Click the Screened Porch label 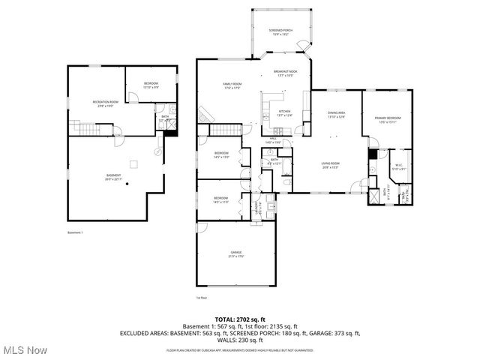[281, 31]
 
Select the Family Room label [232, 85]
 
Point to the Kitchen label [284, 113]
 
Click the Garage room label [236, 254]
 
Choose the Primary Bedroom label [388, 119]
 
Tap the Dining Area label [336, 115]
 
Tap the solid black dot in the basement [127, 183]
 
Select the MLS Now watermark [24, 350]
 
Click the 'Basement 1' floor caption [75, 232]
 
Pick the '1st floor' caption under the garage [201, 298]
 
